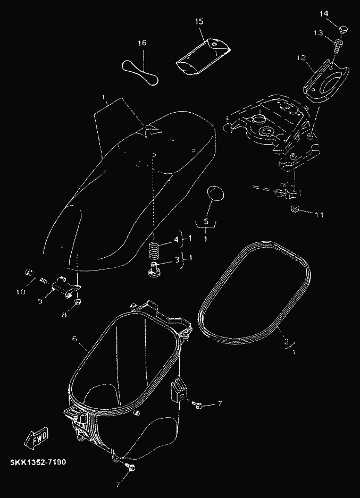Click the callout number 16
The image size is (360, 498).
pos(143,43)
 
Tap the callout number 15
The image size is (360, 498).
pos(199,22)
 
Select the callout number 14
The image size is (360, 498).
pos(324,13)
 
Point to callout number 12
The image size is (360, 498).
pos(301,58)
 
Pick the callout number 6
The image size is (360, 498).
pos(74,339)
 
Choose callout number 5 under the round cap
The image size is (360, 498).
pos(206,222)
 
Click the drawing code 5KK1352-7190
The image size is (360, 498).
pos(38,462)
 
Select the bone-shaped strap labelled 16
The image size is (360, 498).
pos(140,72)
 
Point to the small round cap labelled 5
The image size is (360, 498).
pos(215,193)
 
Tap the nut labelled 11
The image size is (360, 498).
pos(295,209)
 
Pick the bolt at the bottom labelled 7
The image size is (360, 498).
pos(131,467)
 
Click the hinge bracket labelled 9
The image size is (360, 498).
pos(65,287)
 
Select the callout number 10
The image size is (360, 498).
pos(21,292)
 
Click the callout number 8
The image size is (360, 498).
pos(64,315)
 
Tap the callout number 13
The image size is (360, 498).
pos(319,33)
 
